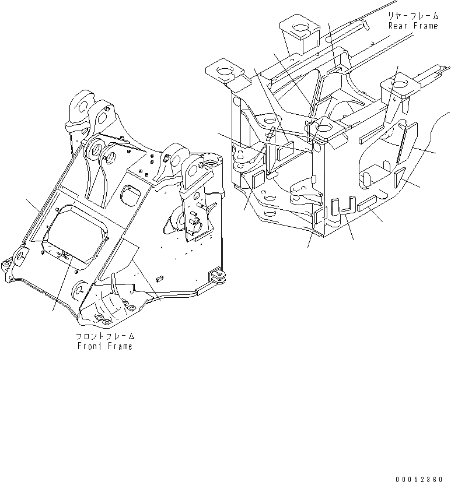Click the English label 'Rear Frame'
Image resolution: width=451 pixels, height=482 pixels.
tap(412, 26)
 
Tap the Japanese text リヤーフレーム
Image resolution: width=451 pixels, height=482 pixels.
tap(412, 16)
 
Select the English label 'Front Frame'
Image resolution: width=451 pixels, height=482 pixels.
tap(104, 346)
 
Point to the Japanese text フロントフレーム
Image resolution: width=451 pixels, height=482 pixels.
tap(105, 336)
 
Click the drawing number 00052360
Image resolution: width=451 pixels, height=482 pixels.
tap(419, 479)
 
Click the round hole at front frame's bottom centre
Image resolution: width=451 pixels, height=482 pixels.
tap(79, 290)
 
